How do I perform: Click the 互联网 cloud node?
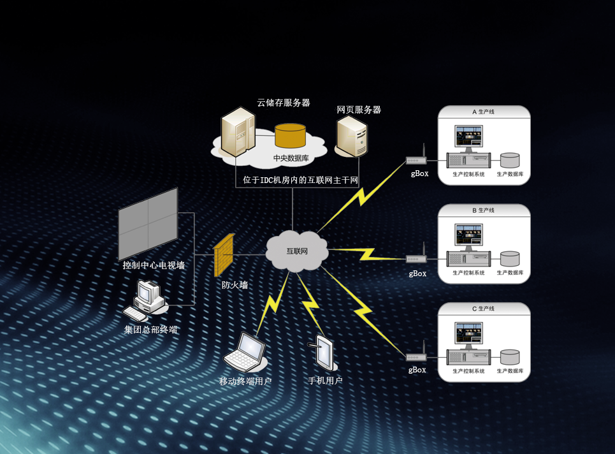click(x=296, y=251)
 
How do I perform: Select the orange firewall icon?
click(x=224, y=256)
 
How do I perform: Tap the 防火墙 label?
click(x=235, y=285)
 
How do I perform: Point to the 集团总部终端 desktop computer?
click(x=146, y=300)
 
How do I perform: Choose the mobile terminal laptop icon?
click(x=247, y=351)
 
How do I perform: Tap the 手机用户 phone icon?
click(x=324, y=353)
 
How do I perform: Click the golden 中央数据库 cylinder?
click(x=290, y=136)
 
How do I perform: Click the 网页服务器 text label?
click(x=359, y=110)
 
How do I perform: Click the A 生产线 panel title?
click(x=484, y=112)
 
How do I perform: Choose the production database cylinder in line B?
click(x=510, y=258)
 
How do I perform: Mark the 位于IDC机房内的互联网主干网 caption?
click(x=301, y=180)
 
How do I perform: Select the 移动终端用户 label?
click(x=245, y=381)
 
